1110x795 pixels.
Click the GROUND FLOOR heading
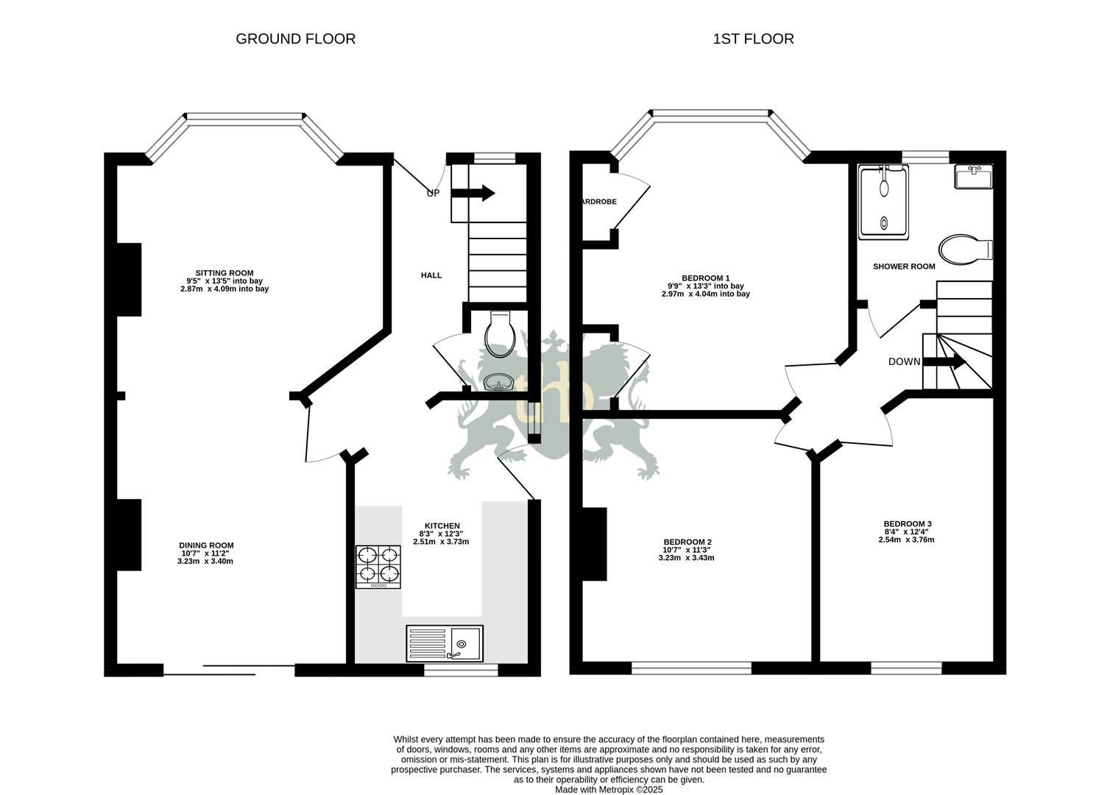(x=295, y=39)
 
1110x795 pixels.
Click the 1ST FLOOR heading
(x=753, y=39)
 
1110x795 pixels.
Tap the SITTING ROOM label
(x=224, y=273)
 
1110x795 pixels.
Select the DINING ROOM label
(x=206, y=545)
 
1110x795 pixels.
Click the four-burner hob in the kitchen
(x=378, y=567)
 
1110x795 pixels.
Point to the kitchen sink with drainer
(x=445, y=643)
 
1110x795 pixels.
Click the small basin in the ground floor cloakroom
(x=499, y=383)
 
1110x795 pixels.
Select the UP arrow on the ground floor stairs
(x=473, y=193)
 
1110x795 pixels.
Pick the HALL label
(x=431, y=275)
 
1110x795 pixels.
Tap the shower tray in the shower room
(x=883, y=202)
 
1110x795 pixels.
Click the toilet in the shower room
(x=964, y=249)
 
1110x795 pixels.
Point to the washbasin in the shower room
(x=973, y=177)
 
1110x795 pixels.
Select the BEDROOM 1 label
(x=705, y=278)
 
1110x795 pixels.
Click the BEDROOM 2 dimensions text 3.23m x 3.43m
(x=686, y=558)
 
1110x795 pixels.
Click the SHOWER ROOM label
(x=904, y=266)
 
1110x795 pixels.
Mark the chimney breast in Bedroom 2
(x=595, y=544)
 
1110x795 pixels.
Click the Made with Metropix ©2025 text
(x=609, y=789)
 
